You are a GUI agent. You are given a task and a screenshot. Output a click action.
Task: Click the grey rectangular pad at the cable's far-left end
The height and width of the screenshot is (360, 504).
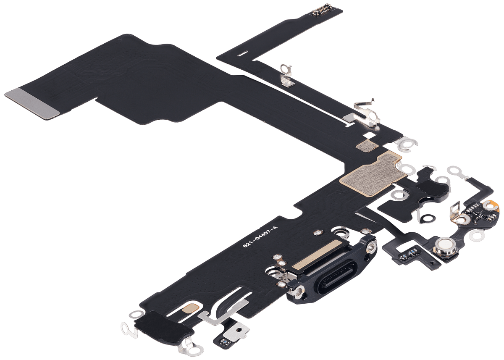[x=32, y=104]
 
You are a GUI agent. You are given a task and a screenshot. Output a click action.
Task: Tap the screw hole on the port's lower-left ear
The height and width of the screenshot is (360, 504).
[x=299, y=291]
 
